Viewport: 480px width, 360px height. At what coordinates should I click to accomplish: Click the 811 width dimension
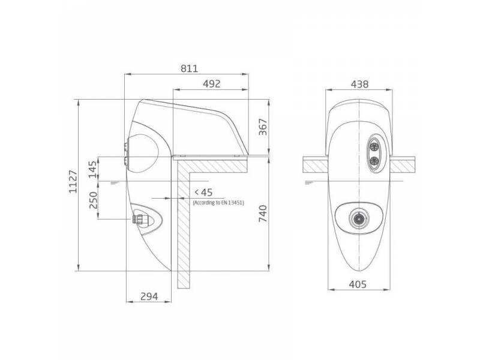(189, 68)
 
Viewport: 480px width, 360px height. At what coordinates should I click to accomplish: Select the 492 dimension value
(212, 84)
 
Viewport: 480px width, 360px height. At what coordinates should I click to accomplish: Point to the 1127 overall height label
(73, 182)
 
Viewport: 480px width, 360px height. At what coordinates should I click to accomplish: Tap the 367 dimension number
(263, 127)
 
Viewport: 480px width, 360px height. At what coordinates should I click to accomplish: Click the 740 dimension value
(263, 214)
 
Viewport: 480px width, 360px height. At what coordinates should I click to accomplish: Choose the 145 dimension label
(93, 169)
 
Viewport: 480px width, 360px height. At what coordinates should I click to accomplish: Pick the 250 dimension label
(93, 200)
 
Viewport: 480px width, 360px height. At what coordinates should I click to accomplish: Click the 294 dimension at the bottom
(149, 296)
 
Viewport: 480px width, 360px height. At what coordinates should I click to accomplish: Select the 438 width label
(359, 84)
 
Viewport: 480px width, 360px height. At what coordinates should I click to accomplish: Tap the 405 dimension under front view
(358, 284)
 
